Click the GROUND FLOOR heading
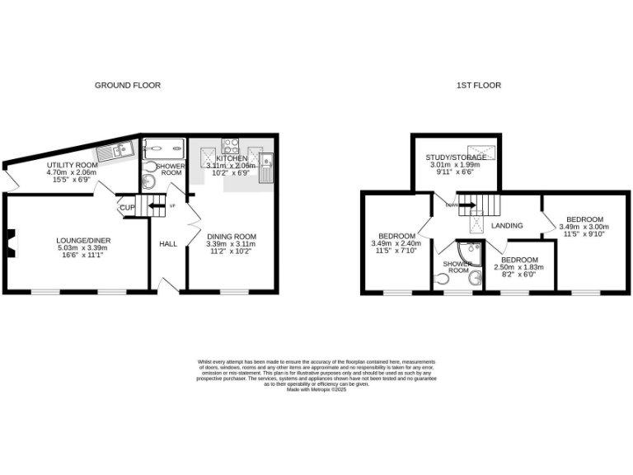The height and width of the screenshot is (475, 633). [127, 85]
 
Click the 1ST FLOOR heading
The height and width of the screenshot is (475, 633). [479, 85]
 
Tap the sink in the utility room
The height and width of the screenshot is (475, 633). [110, 151]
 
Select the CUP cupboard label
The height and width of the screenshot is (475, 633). [126, 208]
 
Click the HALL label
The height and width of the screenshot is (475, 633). [168, 243]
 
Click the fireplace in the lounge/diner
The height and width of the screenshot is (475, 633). [8, 241]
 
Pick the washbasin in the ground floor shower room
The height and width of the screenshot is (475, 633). [148, 183]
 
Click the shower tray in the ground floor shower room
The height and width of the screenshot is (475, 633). [164, 148]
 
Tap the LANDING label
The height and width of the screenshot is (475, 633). [508, 225]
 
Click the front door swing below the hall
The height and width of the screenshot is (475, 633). [170, 285]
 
